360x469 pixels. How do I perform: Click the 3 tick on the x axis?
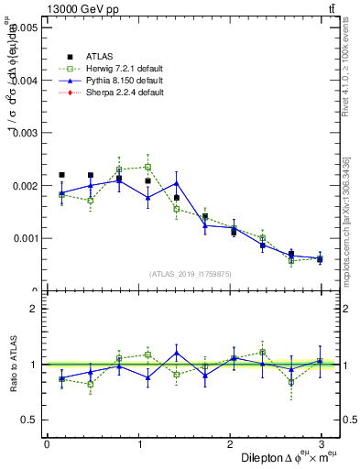[321, 444]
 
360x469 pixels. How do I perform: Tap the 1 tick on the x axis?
[138, 444]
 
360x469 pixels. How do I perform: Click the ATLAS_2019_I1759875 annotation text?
[191, 275]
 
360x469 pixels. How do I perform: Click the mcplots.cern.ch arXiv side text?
[346, 220]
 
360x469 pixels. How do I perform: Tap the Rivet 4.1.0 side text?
[346, 69]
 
